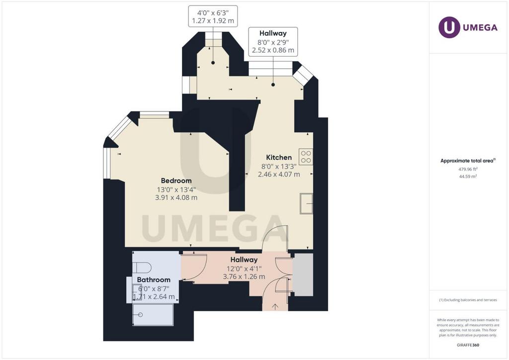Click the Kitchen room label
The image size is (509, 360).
pyautogui.click(x=279, y=158)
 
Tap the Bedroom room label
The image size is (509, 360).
pyautogui.click(x=176, y=181)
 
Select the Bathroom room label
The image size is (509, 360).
pyautogui.click(x=154, y=280)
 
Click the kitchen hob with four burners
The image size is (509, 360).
pyautogui.click(x=306, y=157)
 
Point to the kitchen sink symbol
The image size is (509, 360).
pyautogui.click(x=306, y=203)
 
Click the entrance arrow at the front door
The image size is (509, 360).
pyautogui.click(x=275, y=306)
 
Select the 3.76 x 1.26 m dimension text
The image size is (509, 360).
pyautogui.click(x=244, y=277)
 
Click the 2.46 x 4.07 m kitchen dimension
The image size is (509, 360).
pyautogui.click(x=279, y=175)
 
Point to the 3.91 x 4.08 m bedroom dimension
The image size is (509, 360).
pyautogui.click(x=176, y=198)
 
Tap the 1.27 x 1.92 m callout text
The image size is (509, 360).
pyautogui.click(x=213, y=21)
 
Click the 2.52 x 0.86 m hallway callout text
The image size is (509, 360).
pyautogui.click(x=273, y=50)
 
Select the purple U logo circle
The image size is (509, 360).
pyautogui.click(x=449, y=27)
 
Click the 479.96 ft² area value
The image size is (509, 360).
pyautogui.click(x=468, y=169)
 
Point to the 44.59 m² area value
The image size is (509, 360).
pyautogui.click(x=468, y=177)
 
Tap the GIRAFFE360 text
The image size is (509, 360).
pyautogui.click(x=468, y=345)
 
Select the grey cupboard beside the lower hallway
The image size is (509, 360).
pyautogui.click(x=303, y=274)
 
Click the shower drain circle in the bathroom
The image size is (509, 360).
pyautogui.click(x=141, y=315)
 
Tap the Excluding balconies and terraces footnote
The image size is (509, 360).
pyautogui.click(x=468, y=300)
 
